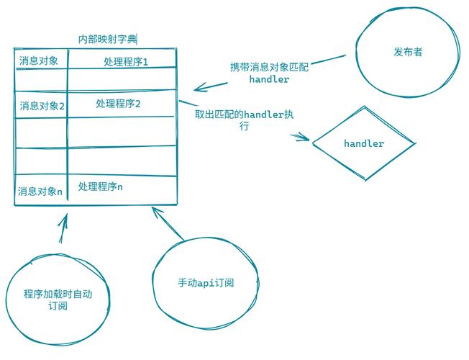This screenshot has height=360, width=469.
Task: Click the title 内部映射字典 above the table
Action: (x=108, y=39)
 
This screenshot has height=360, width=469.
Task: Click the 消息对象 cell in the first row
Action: (x=40, y=60)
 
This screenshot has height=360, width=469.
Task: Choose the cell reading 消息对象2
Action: (x=42, y=105)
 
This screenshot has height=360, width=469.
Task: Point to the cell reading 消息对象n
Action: (x=40, y=192)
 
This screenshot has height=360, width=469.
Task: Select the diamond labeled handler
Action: (x=363, y=143)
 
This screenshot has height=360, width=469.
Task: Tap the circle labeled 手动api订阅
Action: (x=206, y=282)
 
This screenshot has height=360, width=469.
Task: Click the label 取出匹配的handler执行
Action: (x=244, y=120)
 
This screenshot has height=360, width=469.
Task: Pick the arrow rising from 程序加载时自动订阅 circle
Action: (x=62, y=230)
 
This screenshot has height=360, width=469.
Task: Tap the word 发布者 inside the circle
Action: (x=409, y=53)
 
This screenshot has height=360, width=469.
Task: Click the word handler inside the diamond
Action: (x=363, y=143)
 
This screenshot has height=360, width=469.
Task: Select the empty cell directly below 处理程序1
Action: (x=122, y=78)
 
